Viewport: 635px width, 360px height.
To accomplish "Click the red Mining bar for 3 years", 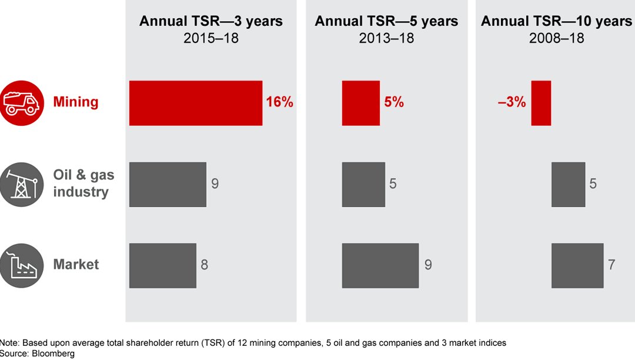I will pyautogui.click(x=196, y=103).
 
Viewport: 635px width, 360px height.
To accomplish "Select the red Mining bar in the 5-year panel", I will pyautogui.click(x=361, y=103).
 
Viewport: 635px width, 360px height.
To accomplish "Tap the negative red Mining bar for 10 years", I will pyautogui.click(x=541, y=103).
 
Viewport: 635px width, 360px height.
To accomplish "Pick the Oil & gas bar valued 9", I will pyautogui.click(x=168, y=184).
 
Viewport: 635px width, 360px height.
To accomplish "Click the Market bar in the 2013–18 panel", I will pyautogui.click(x=380, y=265).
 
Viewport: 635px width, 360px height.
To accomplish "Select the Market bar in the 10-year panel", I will pyautogui.click(x=577, y=265).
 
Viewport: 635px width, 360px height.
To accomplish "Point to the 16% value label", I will pyautogui.click(x=279, y=102).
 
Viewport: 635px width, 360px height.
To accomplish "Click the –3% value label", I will pyautogui.click(x=512, y=102).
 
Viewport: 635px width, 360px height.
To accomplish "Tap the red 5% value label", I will pyautogui.click(x=394, y=102).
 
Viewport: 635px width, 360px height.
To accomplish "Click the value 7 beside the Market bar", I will pyautogui.click(x=611, y=265).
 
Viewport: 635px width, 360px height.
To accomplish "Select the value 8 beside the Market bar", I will pyautogui.click(x=204, y=265).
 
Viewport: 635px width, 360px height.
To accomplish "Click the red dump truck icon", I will pyautogui.click(x=22, y=103).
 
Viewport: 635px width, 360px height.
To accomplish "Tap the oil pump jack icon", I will pyautogui.click(x=22, y=184).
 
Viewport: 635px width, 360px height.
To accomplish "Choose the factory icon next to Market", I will pyautogui.click(x=22, y=265).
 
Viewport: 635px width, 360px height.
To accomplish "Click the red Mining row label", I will pyautogui.click(x=76, y=102).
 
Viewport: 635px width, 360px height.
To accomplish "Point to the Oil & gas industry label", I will pyautogui.click(x=83, y=184).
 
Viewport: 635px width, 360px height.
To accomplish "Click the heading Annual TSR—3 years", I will pyautogui.click(x=211, y=22).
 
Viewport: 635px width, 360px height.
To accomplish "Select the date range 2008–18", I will pyautogui.click(x=557, y=38).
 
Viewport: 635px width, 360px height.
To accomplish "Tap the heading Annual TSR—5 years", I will pyautogui.click(x=387, y=22).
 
